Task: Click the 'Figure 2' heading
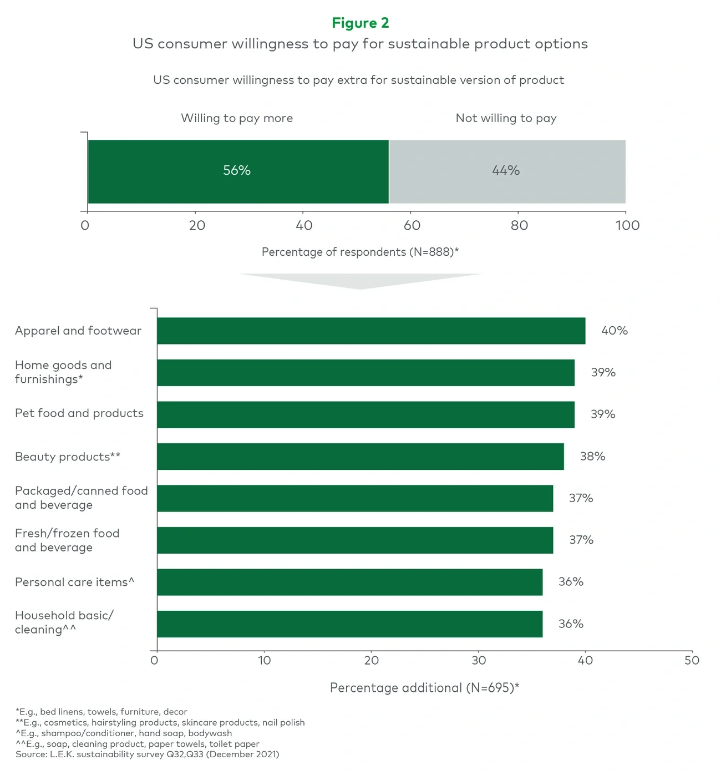click(360, 23)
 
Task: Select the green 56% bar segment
click(238, 171)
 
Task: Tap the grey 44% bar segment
click(507, 171)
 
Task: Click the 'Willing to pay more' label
click(237, 118)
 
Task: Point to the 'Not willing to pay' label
click(506, 118)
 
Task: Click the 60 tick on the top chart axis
click(412, 225)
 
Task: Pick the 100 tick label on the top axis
click(627, 225)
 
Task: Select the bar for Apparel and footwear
click(370, 331)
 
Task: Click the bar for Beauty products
click(360, 457)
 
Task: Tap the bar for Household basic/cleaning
click(349, 624)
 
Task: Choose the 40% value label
click(615, 331)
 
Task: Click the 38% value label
click(592, 457)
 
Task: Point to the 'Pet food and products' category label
click(79, 413)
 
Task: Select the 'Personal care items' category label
click(75, 582)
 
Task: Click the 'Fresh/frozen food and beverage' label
click(67, 540)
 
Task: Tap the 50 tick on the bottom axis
click(692, 660)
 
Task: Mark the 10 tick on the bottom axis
click(265, 660)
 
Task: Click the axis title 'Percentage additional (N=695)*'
click(424, 688)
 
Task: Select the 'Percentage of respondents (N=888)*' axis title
click(360, 252)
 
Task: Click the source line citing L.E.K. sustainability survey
click(148, 754)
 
